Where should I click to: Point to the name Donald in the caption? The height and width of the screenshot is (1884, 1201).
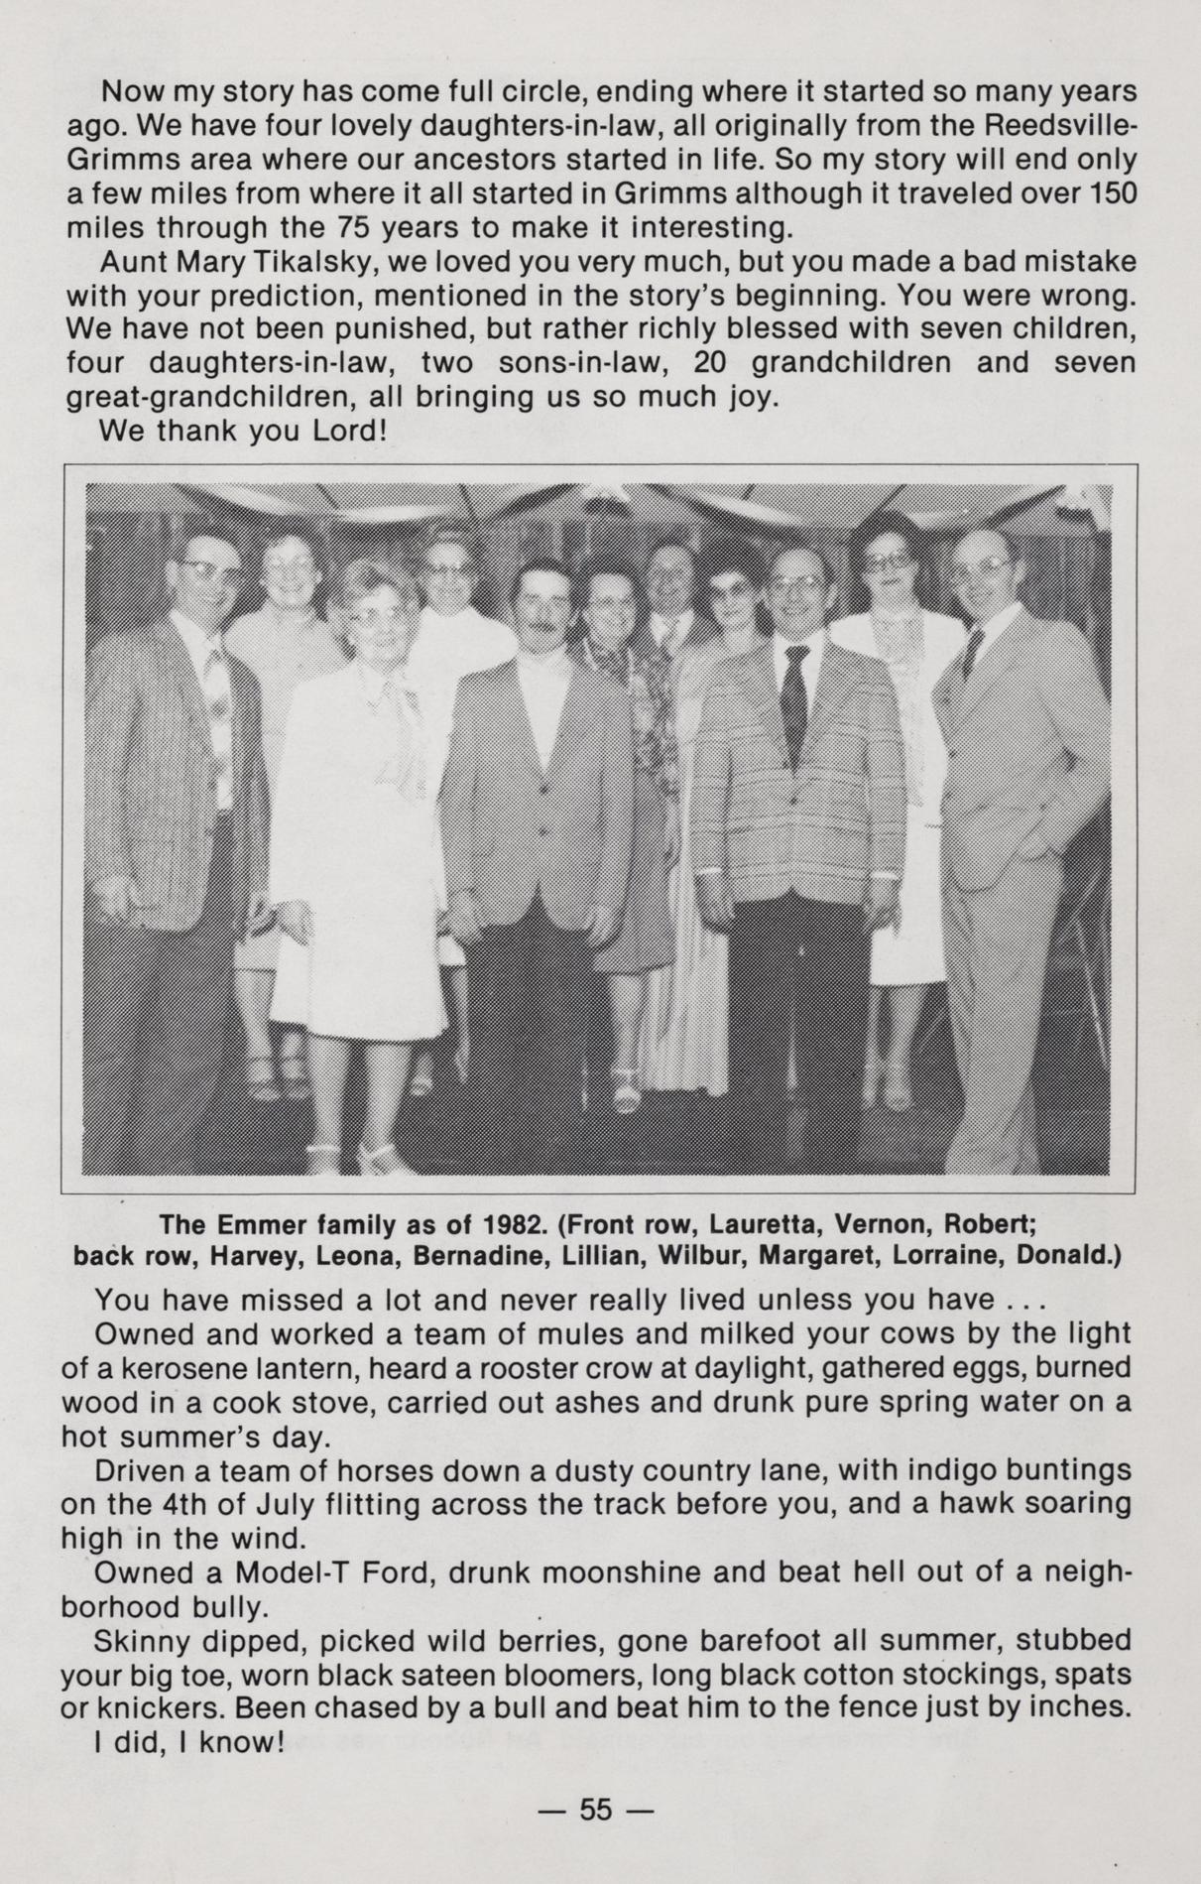[x=1073, y=1255]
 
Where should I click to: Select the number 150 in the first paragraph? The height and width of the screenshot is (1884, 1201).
[x=1110, y=193]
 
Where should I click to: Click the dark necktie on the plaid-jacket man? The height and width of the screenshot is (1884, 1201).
[x=795, y=694]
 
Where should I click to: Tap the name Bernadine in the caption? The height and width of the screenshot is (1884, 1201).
[x=470, y=1255]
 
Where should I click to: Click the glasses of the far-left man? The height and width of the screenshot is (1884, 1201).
[x=207, y=568]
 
